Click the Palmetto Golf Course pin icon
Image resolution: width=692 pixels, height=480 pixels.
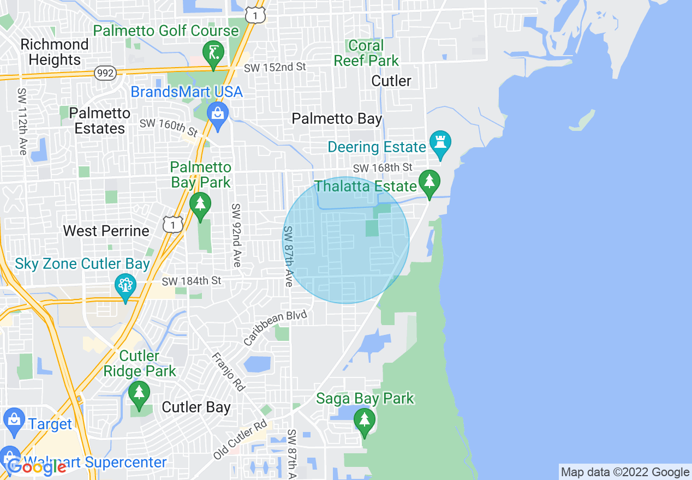[x=212, y=53]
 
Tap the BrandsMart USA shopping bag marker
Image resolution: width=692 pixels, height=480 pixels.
[x=218, y=115]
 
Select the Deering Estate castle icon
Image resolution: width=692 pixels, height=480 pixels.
[x=440, y=143]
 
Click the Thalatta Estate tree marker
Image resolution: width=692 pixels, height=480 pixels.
[x=429, y=181]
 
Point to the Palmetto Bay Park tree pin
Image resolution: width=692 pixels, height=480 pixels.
[x=200, y=204]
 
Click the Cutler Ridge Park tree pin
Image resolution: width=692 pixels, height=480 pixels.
[x=139, y=393]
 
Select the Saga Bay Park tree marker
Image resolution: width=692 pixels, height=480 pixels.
[x=364, y=421]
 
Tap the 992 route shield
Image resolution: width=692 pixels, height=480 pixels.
[x=104, y=73]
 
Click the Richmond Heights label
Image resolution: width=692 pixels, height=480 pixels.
[x=55, y=52]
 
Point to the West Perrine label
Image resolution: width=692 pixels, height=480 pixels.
[x=106, y=231]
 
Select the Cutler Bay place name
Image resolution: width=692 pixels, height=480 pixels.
[x=196, y=407]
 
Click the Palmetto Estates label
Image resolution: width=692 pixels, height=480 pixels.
[x=100, y=121]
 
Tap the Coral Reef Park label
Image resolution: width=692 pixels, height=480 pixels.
[x=366, y=53]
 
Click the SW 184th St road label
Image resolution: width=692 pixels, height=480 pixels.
[x=192, y=281]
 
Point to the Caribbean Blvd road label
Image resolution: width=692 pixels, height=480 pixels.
[x=277, y=329]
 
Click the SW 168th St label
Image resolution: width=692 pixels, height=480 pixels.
[x=383, y=167]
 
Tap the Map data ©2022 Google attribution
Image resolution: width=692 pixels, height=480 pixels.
[x=625, y=472]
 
